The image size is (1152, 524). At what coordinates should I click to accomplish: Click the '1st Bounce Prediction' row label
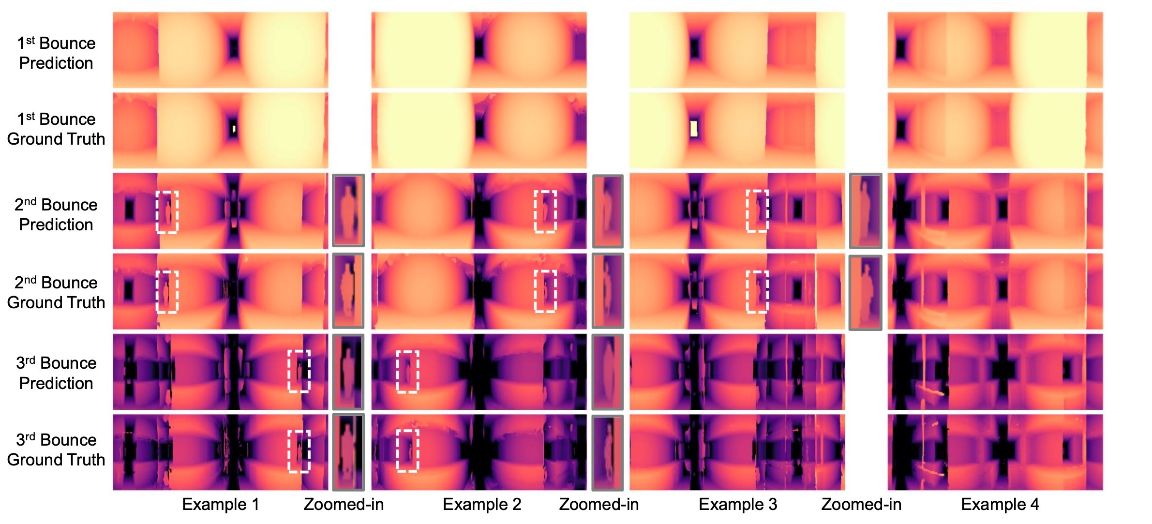coord(56,53)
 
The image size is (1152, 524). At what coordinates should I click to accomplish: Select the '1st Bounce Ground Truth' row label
coord(56,129)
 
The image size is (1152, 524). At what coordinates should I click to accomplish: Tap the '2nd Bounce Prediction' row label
coord(56,215)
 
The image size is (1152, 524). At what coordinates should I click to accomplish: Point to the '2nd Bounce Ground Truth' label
coord(56,293)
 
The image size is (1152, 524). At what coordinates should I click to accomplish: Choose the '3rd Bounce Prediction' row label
coord(56,373)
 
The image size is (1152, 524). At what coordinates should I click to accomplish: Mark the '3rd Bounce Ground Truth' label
coord(56,450)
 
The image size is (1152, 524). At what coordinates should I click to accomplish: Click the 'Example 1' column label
coord(221,505)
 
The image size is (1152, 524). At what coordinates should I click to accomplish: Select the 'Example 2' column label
coord(482,505)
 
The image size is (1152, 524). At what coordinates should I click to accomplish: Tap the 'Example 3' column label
coord(738,505)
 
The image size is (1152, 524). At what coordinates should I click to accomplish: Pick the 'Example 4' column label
coord(1000,505)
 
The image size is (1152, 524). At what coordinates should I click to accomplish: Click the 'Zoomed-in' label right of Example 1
coord(344,505)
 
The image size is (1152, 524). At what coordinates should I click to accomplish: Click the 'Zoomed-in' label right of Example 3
coord(861,505)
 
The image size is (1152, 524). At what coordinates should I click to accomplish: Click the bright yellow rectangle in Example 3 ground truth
coord(694,129)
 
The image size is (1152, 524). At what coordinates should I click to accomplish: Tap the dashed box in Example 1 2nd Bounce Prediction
coord(167,212)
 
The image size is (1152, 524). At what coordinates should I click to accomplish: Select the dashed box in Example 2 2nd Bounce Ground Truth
coord(545,291)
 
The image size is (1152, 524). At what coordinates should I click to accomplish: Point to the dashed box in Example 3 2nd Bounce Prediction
coord(757,211)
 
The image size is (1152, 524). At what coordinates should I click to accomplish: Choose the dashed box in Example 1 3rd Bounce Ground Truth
coord(299,451)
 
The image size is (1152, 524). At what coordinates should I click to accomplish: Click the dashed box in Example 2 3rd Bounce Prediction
coord(407,372)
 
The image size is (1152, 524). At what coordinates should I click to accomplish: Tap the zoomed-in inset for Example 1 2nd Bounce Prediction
coord(348,210)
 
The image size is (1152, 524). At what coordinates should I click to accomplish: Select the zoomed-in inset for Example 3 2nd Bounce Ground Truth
coord(865,293)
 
